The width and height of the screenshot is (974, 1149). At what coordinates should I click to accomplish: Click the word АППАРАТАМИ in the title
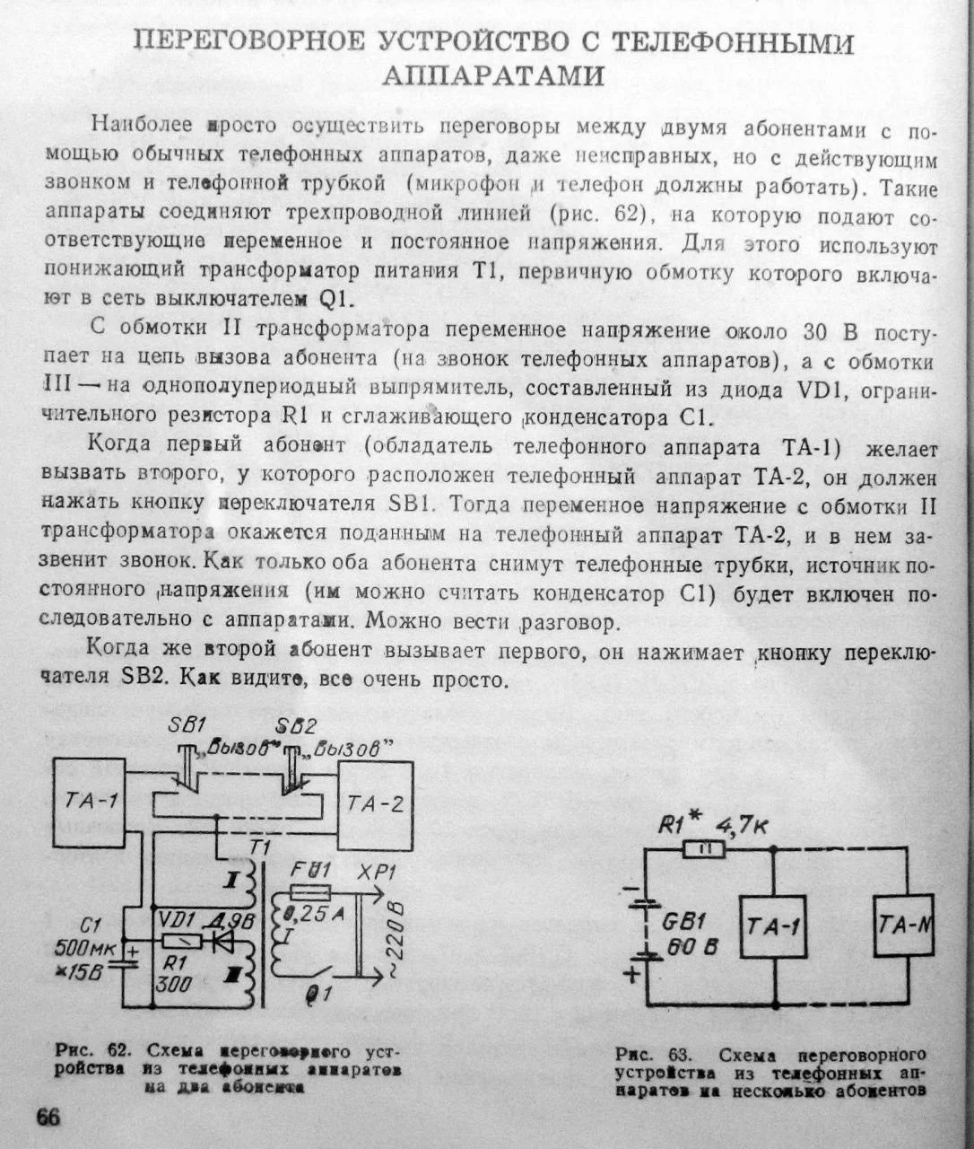(492, 75)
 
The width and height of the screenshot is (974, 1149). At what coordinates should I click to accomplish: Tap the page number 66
(48, 1118)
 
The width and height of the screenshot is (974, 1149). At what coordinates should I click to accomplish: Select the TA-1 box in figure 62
(89, 801)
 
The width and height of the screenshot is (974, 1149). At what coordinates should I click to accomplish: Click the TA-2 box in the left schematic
(375, 804)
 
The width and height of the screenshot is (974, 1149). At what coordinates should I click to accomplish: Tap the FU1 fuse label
(311, 871)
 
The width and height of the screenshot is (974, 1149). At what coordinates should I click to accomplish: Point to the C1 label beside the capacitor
(90, 925)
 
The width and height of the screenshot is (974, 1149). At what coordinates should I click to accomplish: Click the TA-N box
(906, 924)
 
